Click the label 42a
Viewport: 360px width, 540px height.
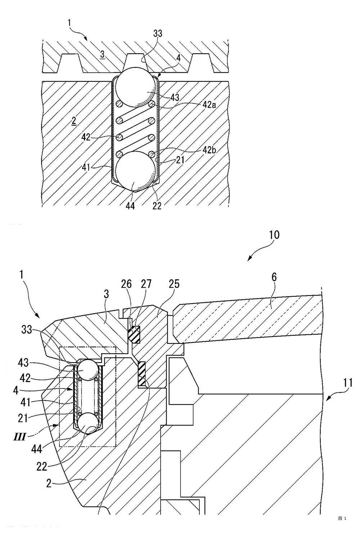point(209,105)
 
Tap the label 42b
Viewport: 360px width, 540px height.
point(209,150)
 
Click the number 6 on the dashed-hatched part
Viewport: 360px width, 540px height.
point(274,277)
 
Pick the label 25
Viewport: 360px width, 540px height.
point(174,284)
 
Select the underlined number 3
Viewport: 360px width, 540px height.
point(103,55)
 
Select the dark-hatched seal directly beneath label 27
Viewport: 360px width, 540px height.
point(134,334)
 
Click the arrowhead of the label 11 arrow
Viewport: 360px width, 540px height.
point(325,400)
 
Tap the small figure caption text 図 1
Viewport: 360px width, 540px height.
point(342,518)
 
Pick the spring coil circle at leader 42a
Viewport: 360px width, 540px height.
point(152,104)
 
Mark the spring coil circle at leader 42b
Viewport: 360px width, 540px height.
point(152,153)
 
